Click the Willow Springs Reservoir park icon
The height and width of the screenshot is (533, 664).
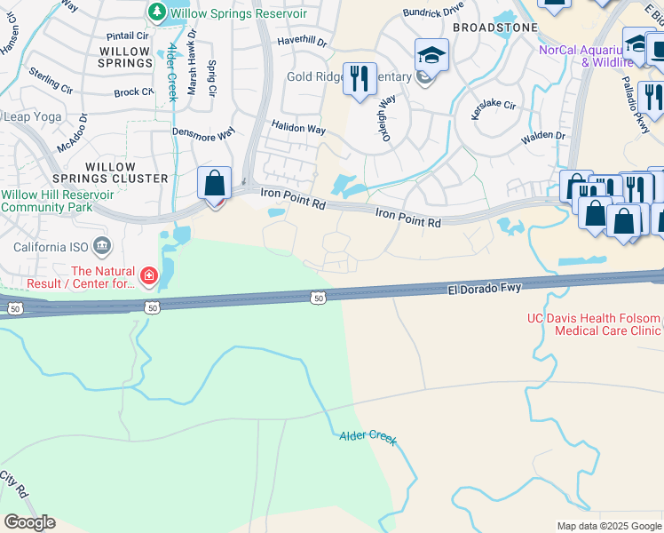click(x=156, y=12)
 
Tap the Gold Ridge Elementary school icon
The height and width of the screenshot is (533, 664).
click(x=431, y=56)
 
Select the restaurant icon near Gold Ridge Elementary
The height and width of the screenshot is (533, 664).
click(x=359, y=79)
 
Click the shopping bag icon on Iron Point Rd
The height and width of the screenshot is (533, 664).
click(x=214, y=184)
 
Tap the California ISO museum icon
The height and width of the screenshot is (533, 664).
click(x=101, y=246)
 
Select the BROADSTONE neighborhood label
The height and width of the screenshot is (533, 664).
click(x=495, y=28)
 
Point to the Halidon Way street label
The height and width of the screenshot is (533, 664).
click(x=298, y=129)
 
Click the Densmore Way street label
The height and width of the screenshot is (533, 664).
click(x=203, y=132)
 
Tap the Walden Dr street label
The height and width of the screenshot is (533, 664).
click(x=543, y=136)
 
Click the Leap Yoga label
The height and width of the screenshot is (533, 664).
click(x=35, y=116)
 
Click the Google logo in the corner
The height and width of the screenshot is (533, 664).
click(x=29, y=522)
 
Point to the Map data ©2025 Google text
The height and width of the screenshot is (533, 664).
click(x=608, y=526)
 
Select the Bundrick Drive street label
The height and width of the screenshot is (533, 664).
click(x=433, y=12)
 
